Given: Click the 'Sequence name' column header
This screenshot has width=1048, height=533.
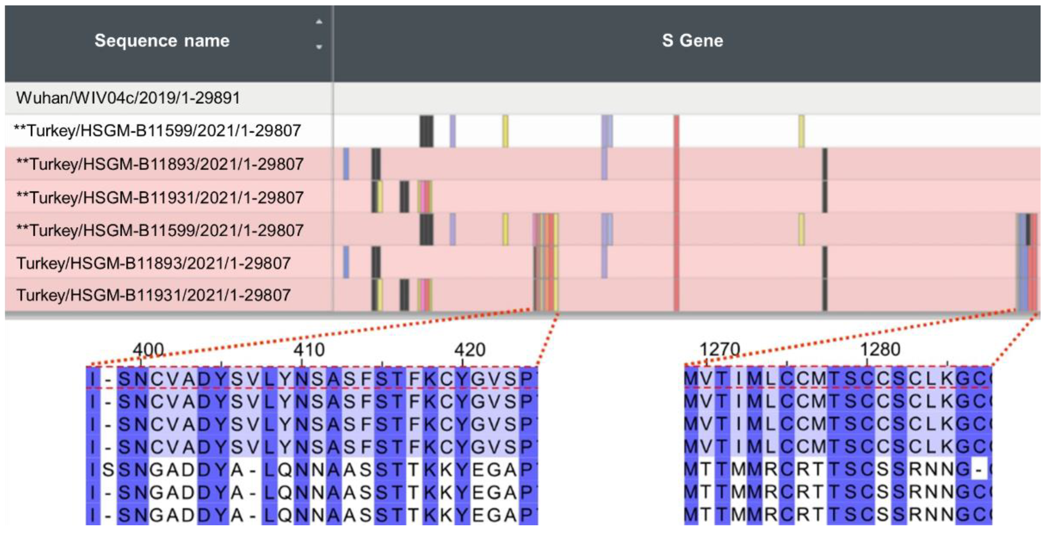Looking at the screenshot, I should [162, 41].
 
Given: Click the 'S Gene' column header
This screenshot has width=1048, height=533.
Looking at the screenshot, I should [692, 41].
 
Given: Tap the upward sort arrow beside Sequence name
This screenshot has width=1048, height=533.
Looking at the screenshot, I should [319, 22].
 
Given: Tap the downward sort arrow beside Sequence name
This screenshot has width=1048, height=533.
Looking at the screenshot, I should [319, 47].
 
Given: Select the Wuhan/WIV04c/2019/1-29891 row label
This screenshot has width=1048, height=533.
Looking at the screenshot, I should [128, 98].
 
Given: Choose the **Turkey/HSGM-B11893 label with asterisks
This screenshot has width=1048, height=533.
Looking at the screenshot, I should [160, 164].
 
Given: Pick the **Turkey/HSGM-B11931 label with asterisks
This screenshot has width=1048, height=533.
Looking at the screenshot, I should [160, 198].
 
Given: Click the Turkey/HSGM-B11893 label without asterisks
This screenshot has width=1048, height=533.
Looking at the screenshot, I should [153, 263].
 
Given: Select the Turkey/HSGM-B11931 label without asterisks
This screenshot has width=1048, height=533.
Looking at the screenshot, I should [153, 295].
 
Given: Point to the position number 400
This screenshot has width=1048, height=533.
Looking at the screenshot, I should [148, 350].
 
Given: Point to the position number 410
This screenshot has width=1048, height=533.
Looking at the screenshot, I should [309, 350].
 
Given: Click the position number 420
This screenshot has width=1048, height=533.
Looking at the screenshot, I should [470, 350].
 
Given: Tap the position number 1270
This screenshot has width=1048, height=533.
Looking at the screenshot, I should [719, 350].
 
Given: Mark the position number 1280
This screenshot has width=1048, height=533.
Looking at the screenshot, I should [880, 350].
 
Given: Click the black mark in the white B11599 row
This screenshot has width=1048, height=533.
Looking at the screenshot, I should [426, 131].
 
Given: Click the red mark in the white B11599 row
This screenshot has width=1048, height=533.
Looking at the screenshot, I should [676, 131].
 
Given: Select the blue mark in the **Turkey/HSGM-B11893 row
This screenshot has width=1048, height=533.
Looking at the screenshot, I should [346, 164].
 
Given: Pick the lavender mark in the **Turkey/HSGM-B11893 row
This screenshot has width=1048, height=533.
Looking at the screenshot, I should [604, 164].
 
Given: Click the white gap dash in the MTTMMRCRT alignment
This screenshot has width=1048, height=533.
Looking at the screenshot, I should [979, 470].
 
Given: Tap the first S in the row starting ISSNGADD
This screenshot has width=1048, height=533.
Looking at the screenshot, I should [108, 470].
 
